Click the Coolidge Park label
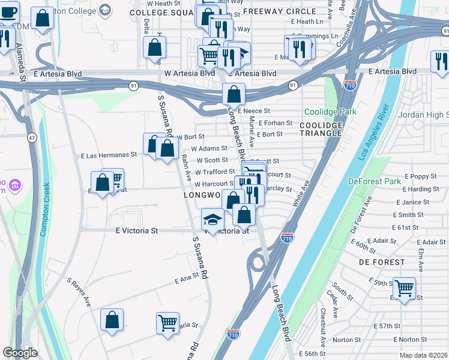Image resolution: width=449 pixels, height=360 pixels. (330, 112)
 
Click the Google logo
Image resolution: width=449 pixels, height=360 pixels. (20, 353)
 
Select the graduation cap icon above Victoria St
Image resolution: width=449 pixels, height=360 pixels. (212, 220)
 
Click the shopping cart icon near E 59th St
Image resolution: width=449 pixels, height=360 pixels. (404, 288)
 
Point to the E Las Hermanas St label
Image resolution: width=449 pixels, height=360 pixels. (109, 154)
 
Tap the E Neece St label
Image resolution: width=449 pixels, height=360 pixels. (255, 111)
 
